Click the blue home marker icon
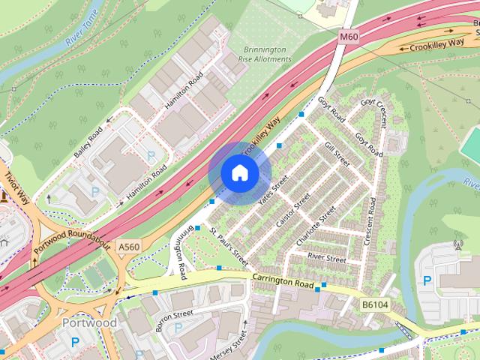coord(239,172)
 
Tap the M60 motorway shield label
coord(349,35)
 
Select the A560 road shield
coord(130,246)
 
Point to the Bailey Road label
coord(88,142)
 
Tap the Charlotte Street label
coord(316,227)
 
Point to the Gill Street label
coord(337,152)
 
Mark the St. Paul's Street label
coord(228,247)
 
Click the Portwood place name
coord(89,322)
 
